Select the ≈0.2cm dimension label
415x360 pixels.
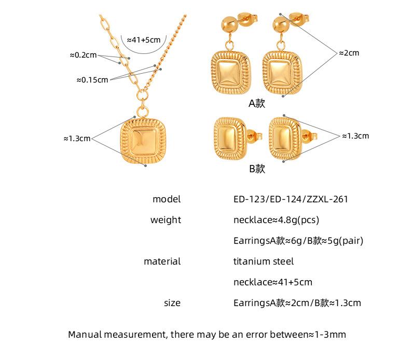tap(83, 54)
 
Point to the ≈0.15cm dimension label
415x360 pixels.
tap(92, 79)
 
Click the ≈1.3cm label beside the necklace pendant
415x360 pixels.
tap(77, 139)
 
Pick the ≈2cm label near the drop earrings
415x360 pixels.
tap(349, 53)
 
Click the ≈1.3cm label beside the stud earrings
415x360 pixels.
tap(355, 135)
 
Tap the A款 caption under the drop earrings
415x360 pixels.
tap(256, 103)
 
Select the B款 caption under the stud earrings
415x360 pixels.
tap(256, 168)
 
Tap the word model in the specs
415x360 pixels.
tap(167, 199)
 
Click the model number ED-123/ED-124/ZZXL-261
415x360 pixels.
tap(290, 199)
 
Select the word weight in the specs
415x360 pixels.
tap(165, 220)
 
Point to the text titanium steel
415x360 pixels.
tap(264, 261)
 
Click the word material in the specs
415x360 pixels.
tap(162, 261)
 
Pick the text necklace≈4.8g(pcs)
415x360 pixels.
tap(276, 220)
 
